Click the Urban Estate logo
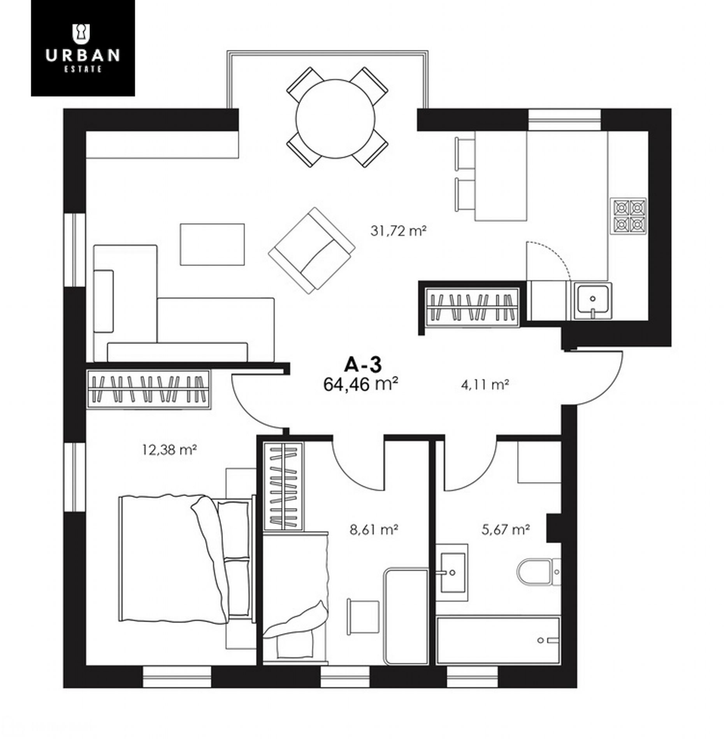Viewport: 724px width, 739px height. (x=83, y=48)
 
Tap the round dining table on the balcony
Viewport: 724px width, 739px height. (x=335, y=119)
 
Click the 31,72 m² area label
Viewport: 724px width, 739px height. (x=398, y=231)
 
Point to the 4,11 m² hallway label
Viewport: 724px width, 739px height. (x=485, y=385)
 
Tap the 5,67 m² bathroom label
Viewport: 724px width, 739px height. (x=506, y=529)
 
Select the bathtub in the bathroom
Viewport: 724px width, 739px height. (x=498, y=640)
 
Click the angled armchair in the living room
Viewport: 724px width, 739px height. (x=312, y=250)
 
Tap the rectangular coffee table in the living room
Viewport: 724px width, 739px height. (x=212, y=244)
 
